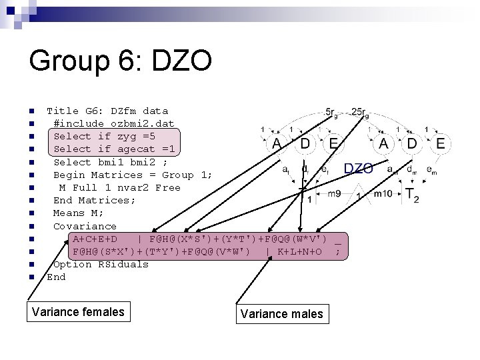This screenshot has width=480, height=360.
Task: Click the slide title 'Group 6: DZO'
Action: pos(120,62)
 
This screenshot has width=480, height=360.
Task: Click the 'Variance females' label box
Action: pos(78,311)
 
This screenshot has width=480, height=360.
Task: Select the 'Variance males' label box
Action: pos(281,314)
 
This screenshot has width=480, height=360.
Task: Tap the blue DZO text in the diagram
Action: pos(359,169)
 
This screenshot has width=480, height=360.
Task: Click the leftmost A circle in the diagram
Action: pos(276,143)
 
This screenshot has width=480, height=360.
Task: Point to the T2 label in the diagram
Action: pos(412,195)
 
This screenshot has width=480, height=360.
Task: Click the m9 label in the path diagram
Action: pos(334,194)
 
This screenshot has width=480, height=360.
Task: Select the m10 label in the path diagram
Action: pos(383,194)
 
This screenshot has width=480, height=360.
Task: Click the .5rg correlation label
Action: pos(331,112)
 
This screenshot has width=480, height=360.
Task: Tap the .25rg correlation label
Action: pos(359,112)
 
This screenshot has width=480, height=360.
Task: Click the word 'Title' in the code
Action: pos(63,111)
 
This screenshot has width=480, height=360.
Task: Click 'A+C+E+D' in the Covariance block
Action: pos(95,239)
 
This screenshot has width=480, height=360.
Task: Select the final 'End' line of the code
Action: pos(56,277)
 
